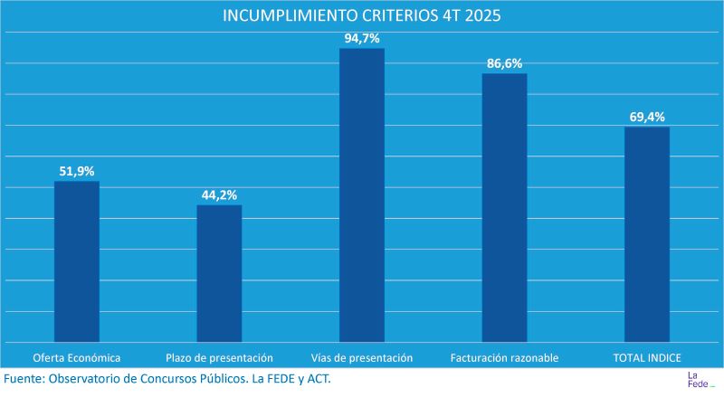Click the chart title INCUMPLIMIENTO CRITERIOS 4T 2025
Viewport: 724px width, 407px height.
coord(362,16)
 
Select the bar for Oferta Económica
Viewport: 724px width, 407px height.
coord(77,261)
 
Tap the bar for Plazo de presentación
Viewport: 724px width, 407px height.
coord(219,273)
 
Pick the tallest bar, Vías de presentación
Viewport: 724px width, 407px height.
coord(362,194)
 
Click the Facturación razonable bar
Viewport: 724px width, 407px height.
coord(504,207)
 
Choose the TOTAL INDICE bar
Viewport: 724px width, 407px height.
coord(646,234)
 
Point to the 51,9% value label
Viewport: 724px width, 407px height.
coord(77,170)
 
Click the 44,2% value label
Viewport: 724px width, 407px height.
coord(219,194)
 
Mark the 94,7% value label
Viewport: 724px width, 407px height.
coord(362,38)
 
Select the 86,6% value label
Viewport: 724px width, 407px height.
coord(504,63)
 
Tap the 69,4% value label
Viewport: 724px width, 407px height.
coord(646,117)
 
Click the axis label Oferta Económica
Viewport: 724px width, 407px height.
coord(77,357)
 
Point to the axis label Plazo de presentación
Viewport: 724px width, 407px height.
coord(219,357)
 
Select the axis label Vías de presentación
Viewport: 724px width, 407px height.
coord(362,357)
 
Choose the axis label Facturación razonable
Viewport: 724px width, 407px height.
coord(504,357)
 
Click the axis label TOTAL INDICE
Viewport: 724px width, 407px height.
coord(646,357)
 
